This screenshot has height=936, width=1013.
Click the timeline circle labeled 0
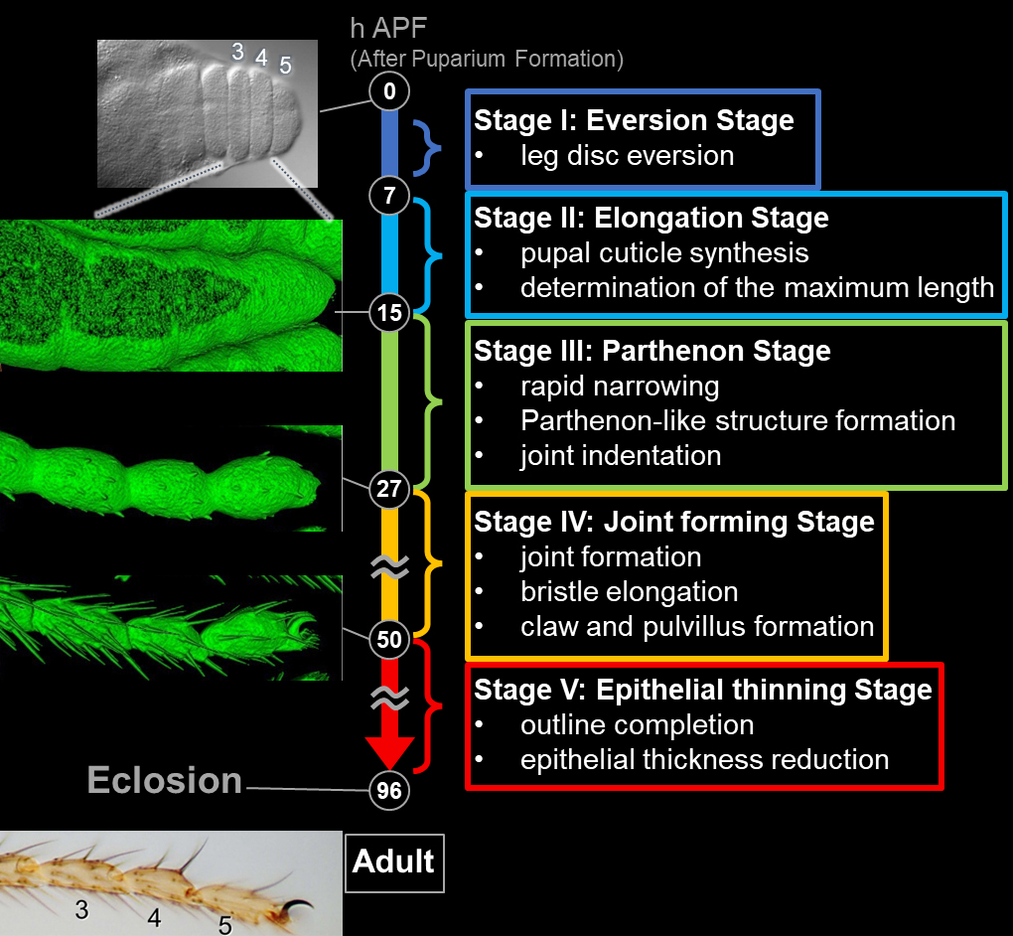pos(389,91)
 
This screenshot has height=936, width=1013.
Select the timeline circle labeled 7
pos(389,196)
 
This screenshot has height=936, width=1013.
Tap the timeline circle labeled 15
pos(389,314)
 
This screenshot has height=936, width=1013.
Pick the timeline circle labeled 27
pos(389,489)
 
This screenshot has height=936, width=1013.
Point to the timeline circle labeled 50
pos(389,640)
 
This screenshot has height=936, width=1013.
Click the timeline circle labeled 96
pos(389,791)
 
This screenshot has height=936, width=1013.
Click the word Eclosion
pos(165,780)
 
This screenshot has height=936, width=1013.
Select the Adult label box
pos(394,861)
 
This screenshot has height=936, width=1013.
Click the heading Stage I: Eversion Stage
pos(634,121)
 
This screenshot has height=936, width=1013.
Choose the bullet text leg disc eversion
pos(627,156)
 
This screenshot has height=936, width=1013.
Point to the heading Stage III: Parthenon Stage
pos(651,351)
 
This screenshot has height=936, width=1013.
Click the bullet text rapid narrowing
pos(620,386)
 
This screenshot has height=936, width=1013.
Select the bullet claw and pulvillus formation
pos(696,626)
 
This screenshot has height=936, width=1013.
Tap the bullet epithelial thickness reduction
pos(704,759)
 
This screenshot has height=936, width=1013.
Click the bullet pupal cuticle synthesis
pos(664,252)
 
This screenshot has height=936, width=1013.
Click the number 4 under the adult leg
pos(155,917)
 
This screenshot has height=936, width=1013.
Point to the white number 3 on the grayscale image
pos(237,53)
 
